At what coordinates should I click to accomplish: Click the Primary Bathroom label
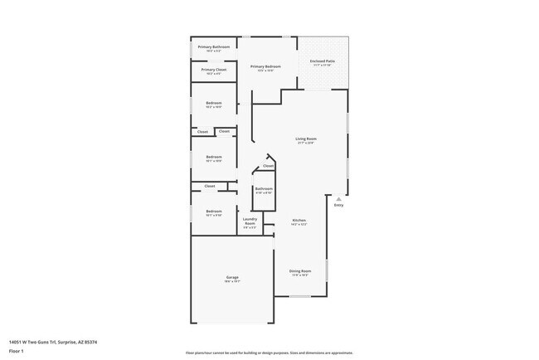click(213, 46)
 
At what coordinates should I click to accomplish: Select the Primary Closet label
click(213, 70)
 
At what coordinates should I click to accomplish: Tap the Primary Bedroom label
click(265, 66)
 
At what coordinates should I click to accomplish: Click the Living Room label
click(307, 139)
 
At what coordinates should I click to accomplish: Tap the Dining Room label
click(299, 270)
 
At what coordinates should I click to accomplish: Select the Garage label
click(232, 277)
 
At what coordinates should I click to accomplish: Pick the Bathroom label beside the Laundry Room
click(264, 189)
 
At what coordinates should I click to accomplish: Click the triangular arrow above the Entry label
click(338, 199)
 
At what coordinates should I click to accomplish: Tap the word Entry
click(338, 205)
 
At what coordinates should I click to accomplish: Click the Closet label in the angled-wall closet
click(268, 166)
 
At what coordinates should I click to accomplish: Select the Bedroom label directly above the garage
click(214, 212)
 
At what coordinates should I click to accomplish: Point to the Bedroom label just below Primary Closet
click(214, 103)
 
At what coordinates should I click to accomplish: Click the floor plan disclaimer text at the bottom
click(269, 353)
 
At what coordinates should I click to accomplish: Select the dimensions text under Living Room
click(307, 143)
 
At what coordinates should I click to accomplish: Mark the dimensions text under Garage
click(232, 281)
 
